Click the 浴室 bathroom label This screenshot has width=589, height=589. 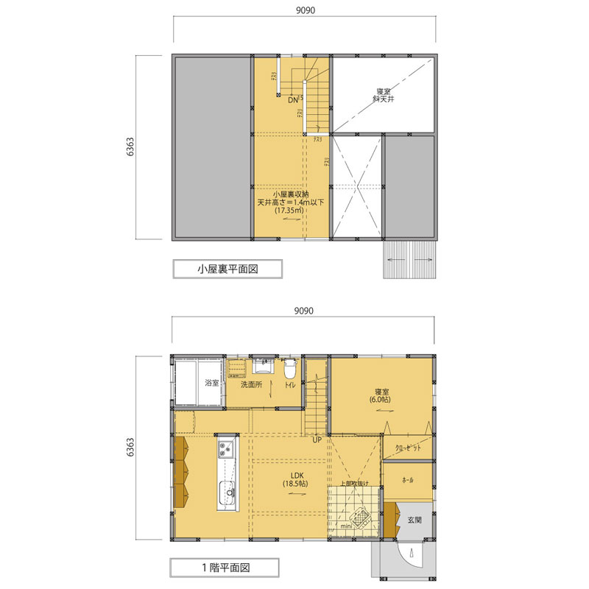point(211,383)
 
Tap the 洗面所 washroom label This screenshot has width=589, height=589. point(251,384)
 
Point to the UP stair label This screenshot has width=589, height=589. point(317,440)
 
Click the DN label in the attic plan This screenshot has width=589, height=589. point(293,99)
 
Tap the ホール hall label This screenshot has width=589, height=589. point(407,480)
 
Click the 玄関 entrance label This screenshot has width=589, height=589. point(414,520)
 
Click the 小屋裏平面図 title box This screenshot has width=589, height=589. point(228,269)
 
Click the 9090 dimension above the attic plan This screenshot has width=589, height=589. point(303,12)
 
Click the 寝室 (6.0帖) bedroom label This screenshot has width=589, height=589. point(381,395)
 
